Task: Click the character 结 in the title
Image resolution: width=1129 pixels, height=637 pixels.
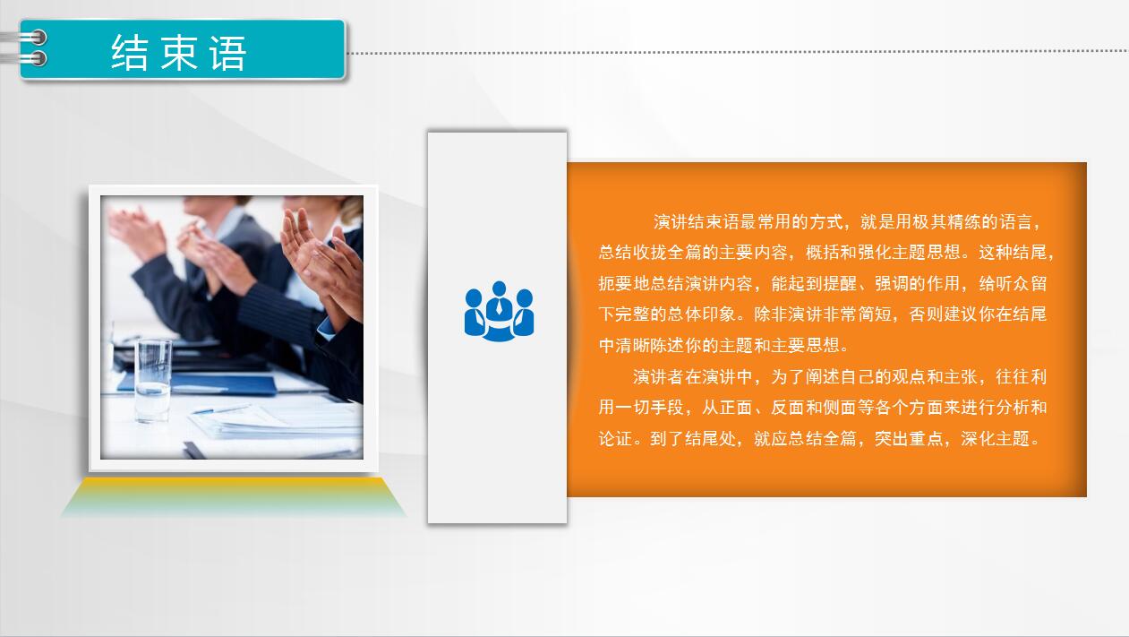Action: point(130,53)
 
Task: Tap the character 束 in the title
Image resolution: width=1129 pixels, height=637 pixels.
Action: point(179,53)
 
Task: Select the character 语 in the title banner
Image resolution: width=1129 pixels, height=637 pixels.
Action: point(227,53)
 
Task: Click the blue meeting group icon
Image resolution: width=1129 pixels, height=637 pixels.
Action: point(499,311)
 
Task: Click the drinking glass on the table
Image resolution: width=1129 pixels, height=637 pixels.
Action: point(153,379)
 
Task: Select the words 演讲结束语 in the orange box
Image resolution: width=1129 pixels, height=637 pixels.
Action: point(697,221)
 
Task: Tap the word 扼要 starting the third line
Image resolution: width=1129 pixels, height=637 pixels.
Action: point(615,283)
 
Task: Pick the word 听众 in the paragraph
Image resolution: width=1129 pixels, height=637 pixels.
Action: point(1014,283)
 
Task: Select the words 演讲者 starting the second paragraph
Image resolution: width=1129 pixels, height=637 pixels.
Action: point(659,376)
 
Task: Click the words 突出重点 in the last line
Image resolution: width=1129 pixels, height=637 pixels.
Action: point(909,438)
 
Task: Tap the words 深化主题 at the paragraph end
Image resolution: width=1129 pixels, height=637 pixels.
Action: point(995,438)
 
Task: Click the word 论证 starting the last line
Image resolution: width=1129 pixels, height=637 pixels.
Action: point(615,438)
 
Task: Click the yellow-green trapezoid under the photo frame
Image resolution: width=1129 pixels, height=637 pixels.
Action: point(233,497)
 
